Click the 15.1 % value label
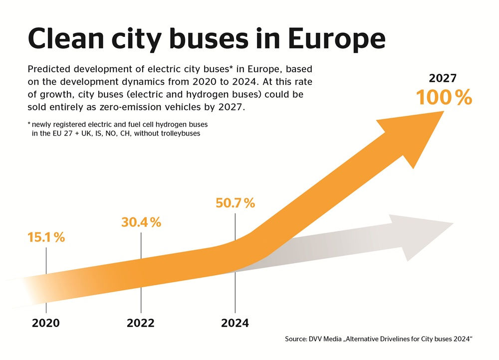click(x=46, y=237)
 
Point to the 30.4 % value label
click(x=141, y=222)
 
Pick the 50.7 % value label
click(x=235, y=203)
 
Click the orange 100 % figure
click(x=444, y=98)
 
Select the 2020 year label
click(x=46, y=323)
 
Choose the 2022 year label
click(x=141, y=323)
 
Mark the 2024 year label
click(x=235, y=323)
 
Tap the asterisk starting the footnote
click(x=29, y=124)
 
